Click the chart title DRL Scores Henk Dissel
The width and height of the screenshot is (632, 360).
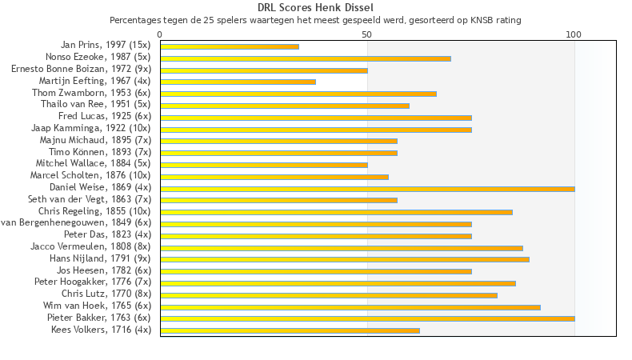point(315,7)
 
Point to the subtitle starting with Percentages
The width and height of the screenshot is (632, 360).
point(315,19)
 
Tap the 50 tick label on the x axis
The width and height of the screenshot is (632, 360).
point(367,34)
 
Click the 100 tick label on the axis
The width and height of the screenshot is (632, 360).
point(574,34)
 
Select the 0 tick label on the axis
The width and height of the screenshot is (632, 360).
point(160,34)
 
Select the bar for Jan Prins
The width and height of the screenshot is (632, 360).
point(230,46)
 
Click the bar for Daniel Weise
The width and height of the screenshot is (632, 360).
point(367,189)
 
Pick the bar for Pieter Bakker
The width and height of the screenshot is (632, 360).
point(367,318)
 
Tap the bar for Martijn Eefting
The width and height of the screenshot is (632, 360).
point(238,82)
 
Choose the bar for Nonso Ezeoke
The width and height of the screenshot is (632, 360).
point(306,58)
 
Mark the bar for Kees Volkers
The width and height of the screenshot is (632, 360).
point(290,330)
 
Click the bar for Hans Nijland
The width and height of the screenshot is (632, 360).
point(344,259)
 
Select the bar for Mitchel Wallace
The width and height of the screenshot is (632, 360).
point(264,165)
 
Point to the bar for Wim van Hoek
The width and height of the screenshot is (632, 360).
point(350,306)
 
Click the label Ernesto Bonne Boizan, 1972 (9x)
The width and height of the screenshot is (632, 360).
point(81,70)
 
